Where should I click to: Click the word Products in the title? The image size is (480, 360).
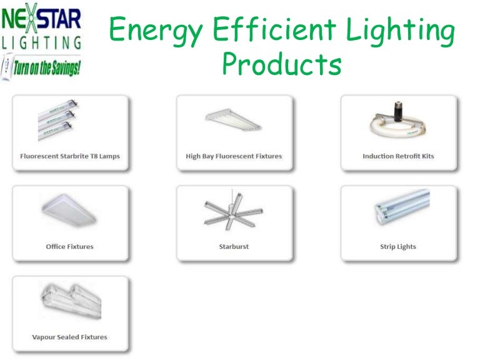(x=282, y=65)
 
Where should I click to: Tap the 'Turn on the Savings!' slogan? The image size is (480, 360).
(x=47, y=65)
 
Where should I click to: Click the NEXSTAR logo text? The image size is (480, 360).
(x=42, y=19)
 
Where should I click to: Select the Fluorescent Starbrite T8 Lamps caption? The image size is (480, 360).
(x=69, y=156)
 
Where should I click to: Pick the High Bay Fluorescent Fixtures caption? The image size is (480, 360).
(x=234, y=156)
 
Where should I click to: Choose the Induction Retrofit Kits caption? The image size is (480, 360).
(x=398, y=156)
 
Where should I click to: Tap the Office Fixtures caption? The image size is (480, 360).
(x=69, y=246)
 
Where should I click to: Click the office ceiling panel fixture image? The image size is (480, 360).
(x=68, y=213)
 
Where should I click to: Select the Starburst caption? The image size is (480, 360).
(x=234, y=246)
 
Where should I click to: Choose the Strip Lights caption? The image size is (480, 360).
(x=398, y=246)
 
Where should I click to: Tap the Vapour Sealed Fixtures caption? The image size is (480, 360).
(x=69, y=337)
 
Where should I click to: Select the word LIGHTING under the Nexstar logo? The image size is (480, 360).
(x=42, y=43)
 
